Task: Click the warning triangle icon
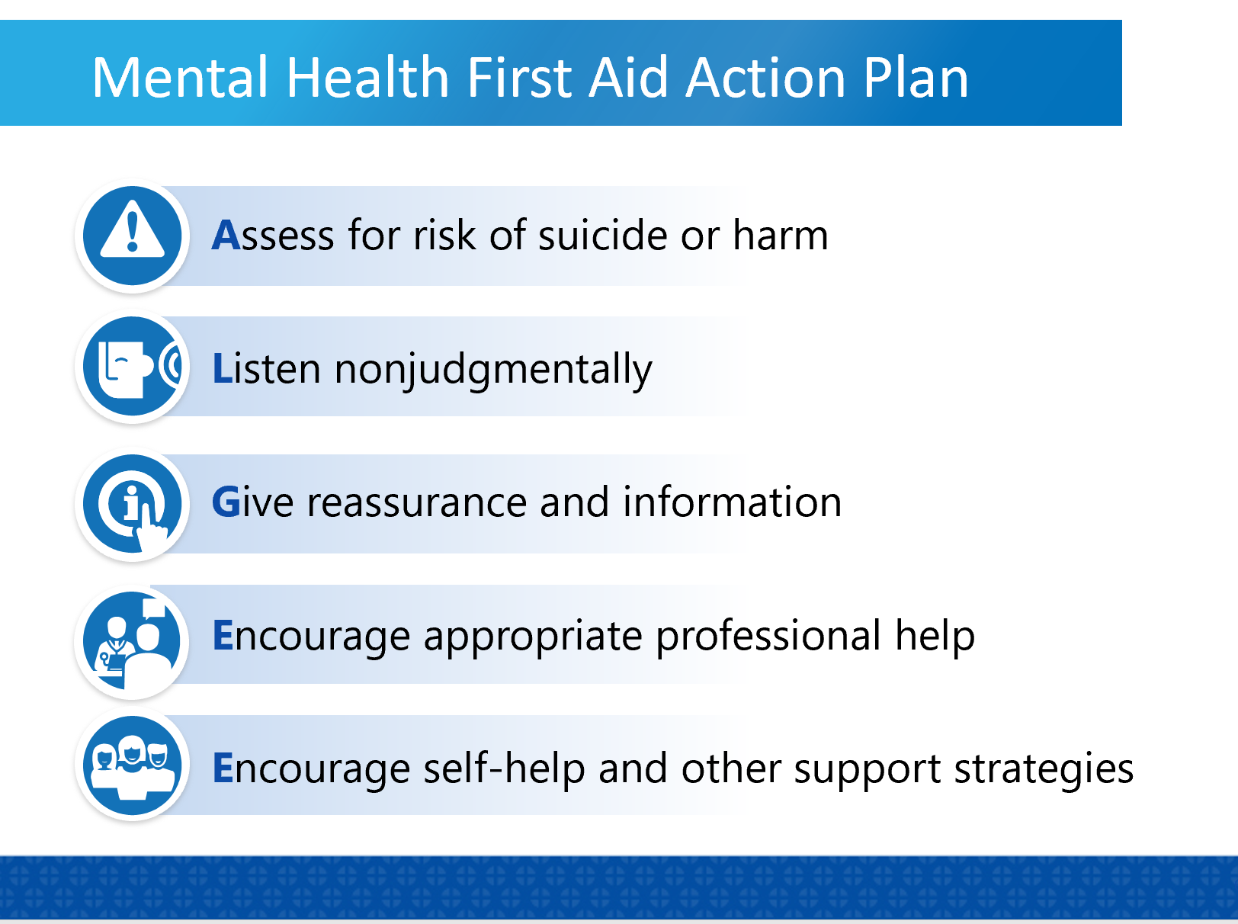(133, 235)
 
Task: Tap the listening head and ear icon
(133, 367)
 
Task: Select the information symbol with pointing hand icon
(133, 504)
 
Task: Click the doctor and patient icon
(133, 640)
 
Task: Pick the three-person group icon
(133, 766)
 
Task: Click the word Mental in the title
(180, 78)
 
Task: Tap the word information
(732, 503)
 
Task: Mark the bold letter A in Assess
(226, 235)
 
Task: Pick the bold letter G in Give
(226, 503)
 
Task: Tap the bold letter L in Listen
(222, 369)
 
